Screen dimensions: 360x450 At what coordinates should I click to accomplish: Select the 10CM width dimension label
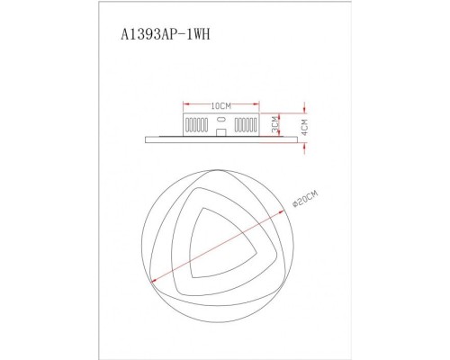tap(219, 105)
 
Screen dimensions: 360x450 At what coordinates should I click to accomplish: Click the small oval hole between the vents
tap(220, 120)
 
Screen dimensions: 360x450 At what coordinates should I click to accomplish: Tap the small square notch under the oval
tap(220, 131)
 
